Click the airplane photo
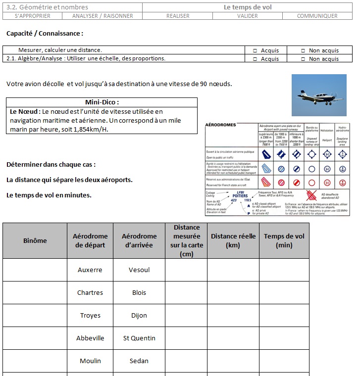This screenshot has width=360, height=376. tap(318, 94)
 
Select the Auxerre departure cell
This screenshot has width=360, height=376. tap(90, 270)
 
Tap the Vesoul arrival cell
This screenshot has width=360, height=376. tap(139, 270)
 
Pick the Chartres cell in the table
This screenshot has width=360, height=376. tap(90, 292)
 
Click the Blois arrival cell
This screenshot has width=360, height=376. tap(139, 292)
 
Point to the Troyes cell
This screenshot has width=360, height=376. tap(90, 315)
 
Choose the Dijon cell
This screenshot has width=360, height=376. tap(139, 315)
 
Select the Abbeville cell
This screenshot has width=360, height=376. tap(90, 338)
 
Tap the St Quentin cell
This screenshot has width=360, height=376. tap(139, 338)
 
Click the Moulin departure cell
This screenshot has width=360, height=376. tap(90, 361)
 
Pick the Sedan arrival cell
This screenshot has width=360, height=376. tap(139, 361)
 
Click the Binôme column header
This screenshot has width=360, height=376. tap(35, 240)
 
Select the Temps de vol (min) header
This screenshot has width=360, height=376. tap(284, 240)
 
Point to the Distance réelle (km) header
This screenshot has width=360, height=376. tap(233, 240)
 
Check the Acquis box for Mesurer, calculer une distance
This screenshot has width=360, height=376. tap(256, 50)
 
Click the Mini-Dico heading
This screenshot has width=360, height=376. tap(102, 102)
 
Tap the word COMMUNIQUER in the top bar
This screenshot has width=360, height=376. tap(317, 16)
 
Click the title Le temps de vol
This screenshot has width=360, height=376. tap(248, 7)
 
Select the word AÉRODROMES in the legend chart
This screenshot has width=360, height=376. tap(221, 125)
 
